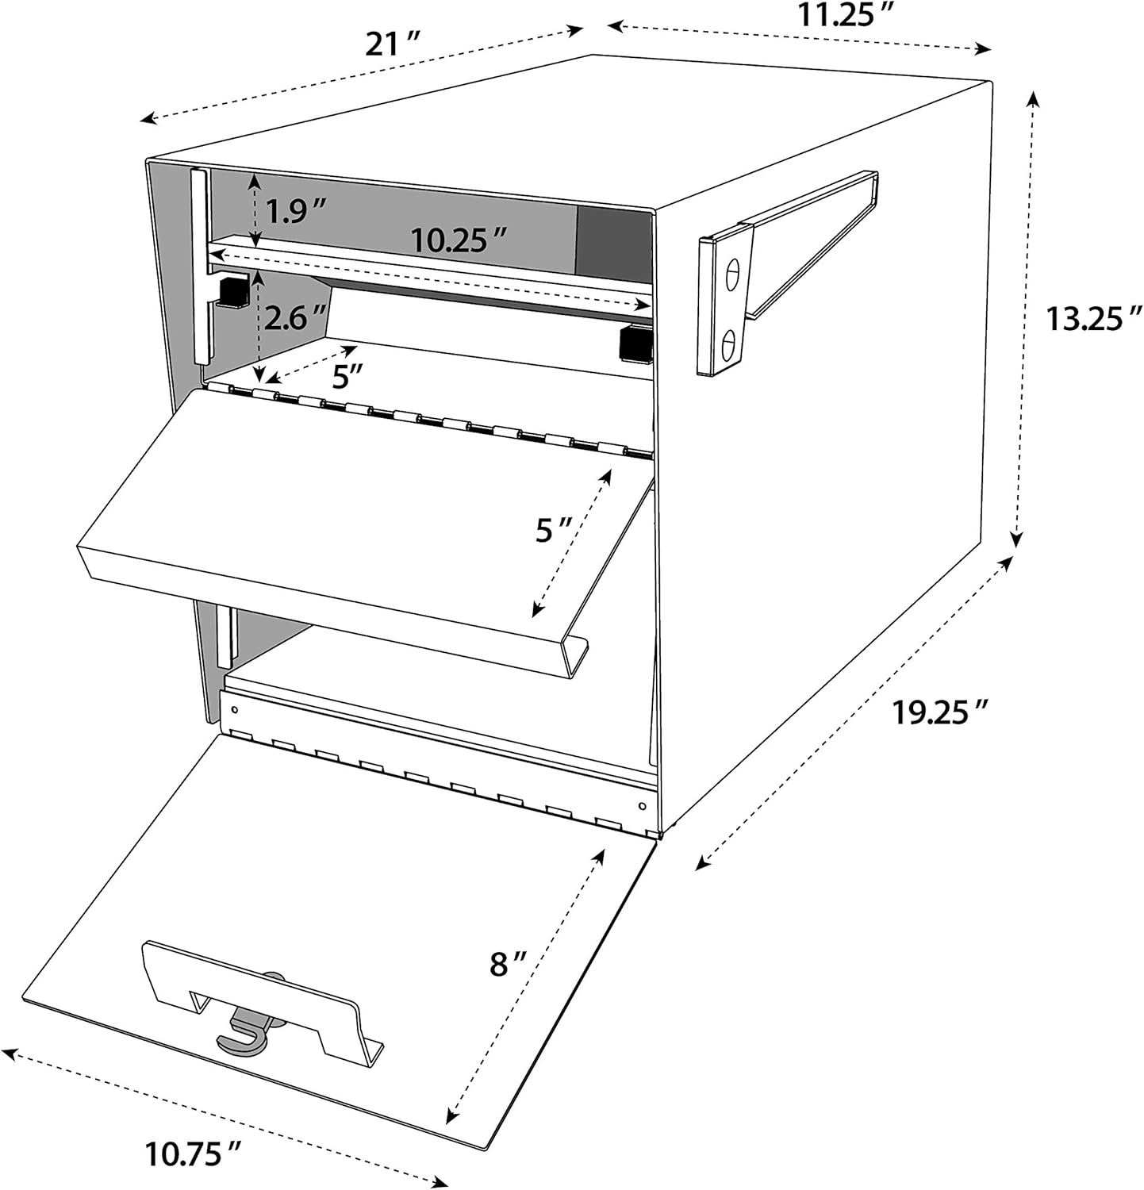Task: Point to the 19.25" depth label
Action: [939, 712]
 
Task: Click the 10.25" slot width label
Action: [459, 239]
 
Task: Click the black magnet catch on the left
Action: [234, 292]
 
